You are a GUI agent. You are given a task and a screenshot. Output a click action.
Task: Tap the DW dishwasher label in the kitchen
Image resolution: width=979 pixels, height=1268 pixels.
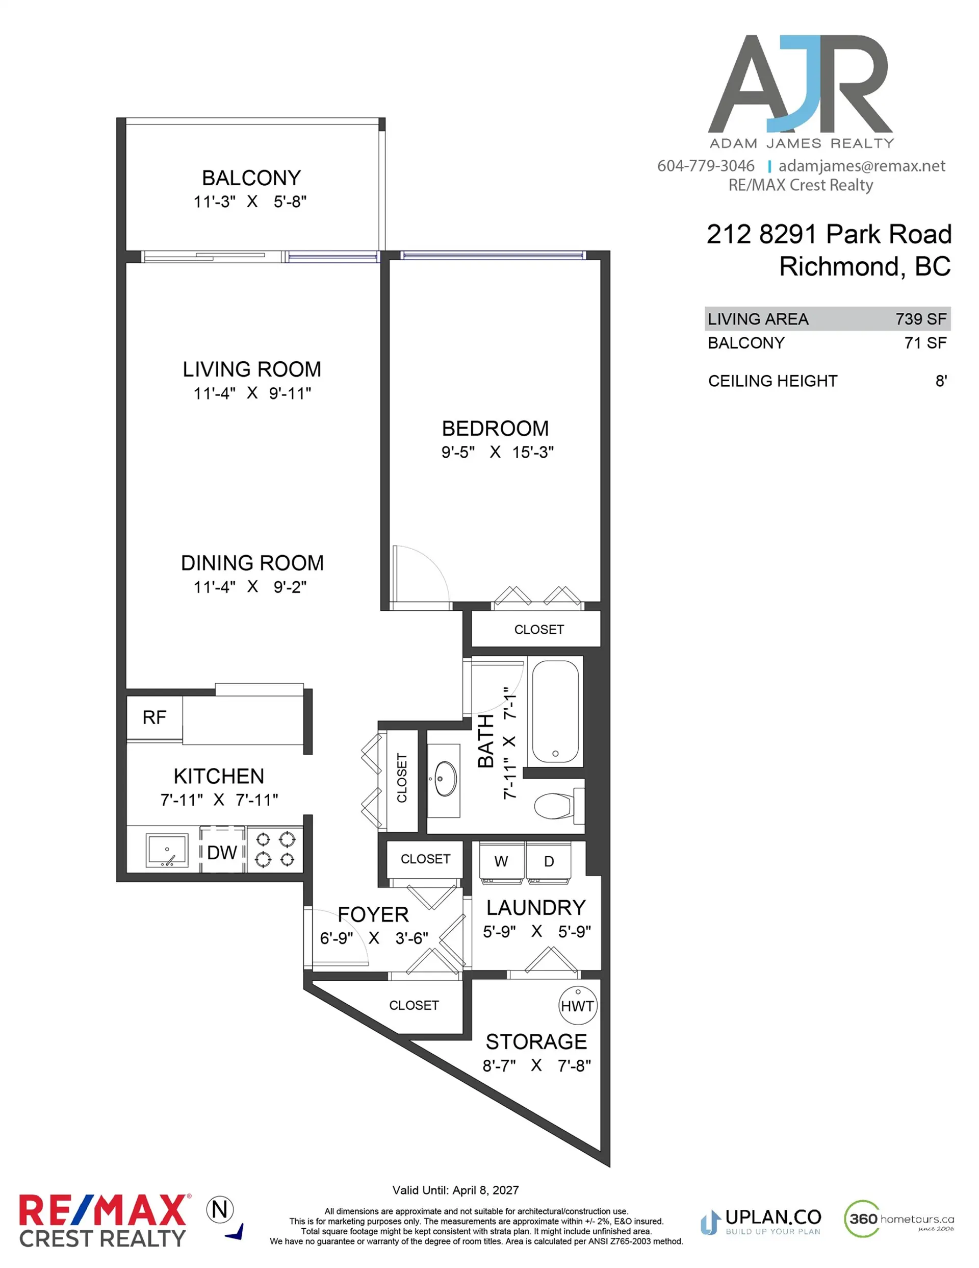(x=222, y=852)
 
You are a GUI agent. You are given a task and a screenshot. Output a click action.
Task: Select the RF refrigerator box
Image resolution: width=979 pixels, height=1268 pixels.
(x=154, y=717)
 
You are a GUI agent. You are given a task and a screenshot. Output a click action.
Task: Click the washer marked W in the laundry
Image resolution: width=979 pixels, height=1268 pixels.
(x=501, y=861)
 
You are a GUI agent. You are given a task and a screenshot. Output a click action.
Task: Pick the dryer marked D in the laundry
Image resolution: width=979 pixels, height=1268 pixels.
(x=549, y=861)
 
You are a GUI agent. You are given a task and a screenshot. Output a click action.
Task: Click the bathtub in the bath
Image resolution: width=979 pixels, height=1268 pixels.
(x=555, y=712)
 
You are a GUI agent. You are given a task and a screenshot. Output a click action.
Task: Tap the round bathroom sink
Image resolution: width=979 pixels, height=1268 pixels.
(x=445, y=779)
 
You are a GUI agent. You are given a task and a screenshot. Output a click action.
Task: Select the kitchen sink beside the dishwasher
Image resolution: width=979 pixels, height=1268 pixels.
(x=167, y=851)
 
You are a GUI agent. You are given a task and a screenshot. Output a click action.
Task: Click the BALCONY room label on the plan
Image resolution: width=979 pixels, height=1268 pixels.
(x=251, y=178)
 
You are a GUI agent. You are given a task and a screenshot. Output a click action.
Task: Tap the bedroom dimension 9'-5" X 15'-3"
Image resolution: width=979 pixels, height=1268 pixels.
(x=497, y=452)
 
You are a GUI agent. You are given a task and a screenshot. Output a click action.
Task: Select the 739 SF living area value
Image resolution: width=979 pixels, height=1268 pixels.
(x=920, y=319)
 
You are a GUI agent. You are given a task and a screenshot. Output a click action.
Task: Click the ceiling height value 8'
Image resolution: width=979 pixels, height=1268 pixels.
(x=941, y=381)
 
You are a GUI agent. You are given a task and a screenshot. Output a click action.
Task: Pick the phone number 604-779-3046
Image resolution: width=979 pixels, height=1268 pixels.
(x=706, y=166)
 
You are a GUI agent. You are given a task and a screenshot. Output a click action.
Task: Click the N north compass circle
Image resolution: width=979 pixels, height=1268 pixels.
(x=220, y=1209)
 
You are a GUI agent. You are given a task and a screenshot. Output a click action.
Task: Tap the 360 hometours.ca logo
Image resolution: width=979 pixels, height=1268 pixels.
(x=898, y=1218)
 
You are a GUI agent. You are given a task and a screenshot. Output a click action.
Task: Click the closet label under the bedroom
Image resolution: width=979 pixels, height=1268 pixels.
(x=538, y=629)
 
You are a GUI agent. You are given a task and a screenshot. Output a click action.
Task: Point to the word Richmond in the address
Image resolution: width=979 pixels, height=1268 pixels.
(x=839, y=266)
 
